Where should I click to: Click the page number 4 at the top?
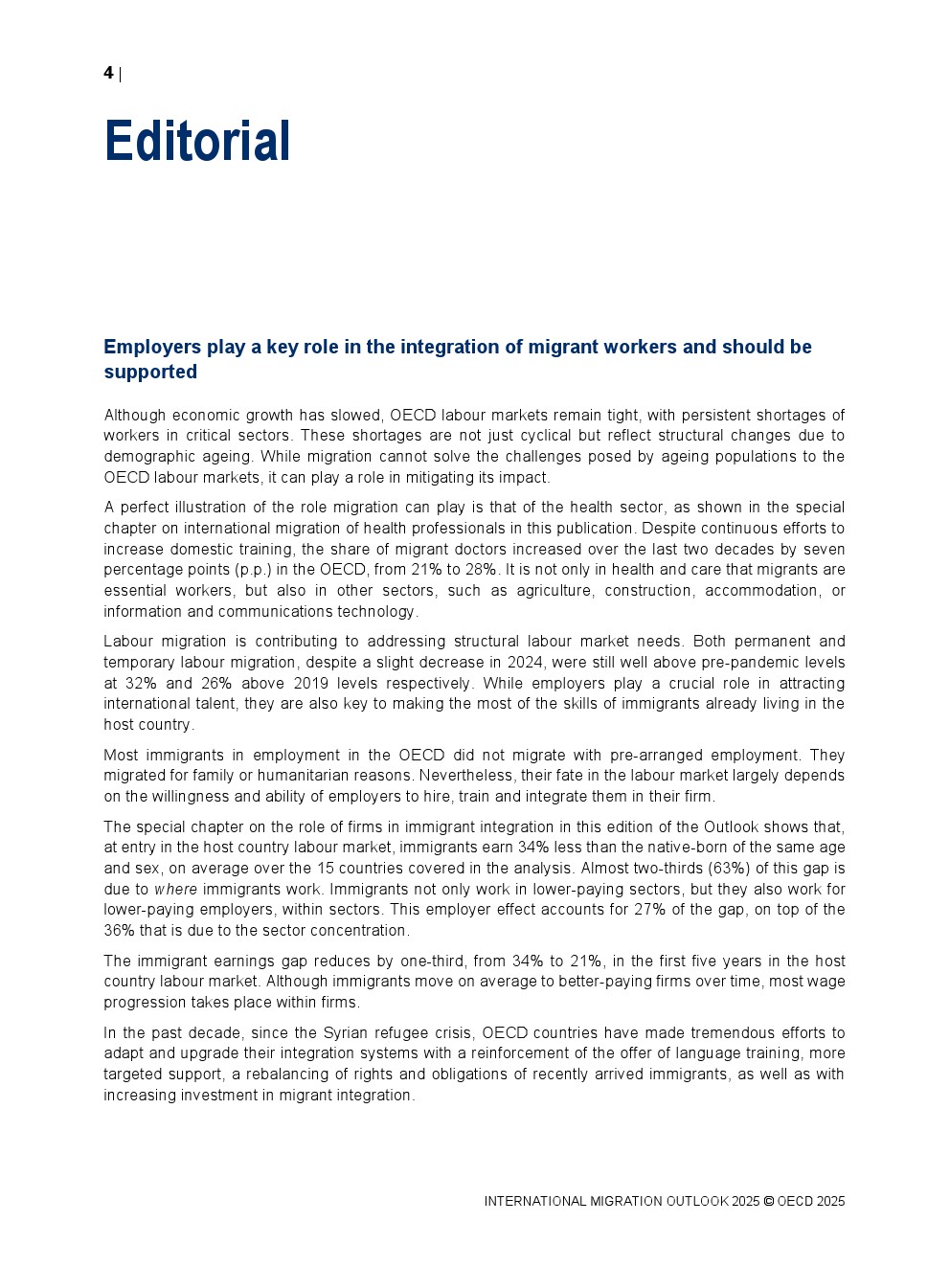click(108, 73)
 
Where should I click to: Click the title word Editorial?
click(197, 142)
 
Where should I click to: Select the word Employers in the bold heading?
click(152, 347)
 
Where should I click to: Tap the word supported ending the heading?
click(150, 372)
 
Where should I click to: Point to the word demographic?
click(149, 457)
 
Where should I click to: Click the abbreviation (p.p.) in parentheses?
click(254, 570)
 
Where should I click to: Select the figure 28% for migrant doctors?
click(481, 570)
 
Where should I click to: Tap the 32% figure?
click(141, 684)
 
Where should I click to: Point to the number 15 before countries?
click(326, 869)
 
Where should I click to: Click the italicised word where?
click(175, 890)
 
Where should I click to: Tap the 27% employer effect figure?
click(650, 910)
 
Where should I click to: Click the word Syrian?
click(346, 1033)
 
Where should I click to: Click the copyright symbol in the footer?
click(768, 1202)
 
